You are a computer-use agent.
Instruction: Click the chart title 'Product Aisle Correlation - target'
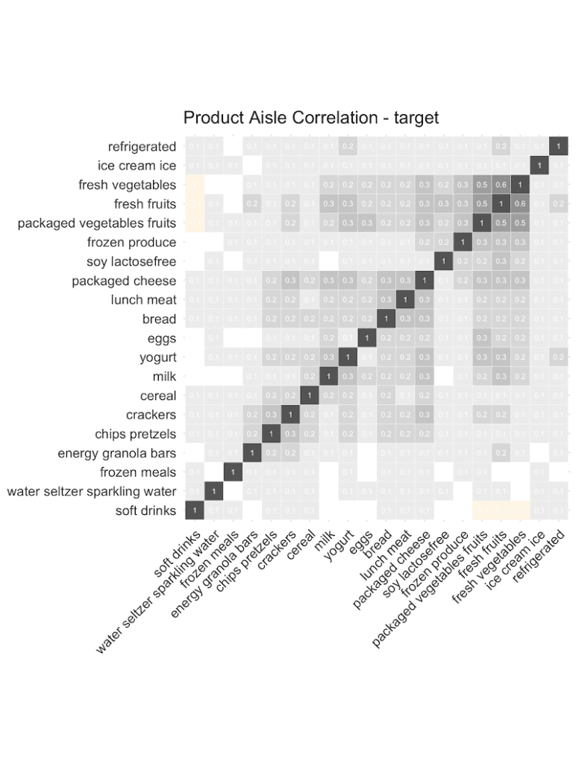point(310,118)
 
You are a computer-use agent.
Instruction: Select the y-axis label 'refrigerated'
point(142,146)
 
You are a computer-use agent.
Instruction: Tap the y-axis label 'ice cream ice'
point(137,166)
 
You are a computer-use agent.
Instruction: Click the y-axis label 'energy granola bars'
point(117,453)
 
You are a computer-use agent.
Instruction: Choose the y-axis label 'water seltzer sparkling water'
point(92,491)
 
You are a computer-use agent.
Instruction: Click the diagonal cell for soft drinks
point(194,510)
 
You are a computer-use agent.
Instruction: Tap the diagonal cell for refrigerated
point(558,146)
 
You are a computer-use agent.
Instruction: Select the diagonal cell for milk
point(328,377)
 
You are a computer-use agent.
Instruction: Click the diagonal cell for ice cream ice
point(539,166)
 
